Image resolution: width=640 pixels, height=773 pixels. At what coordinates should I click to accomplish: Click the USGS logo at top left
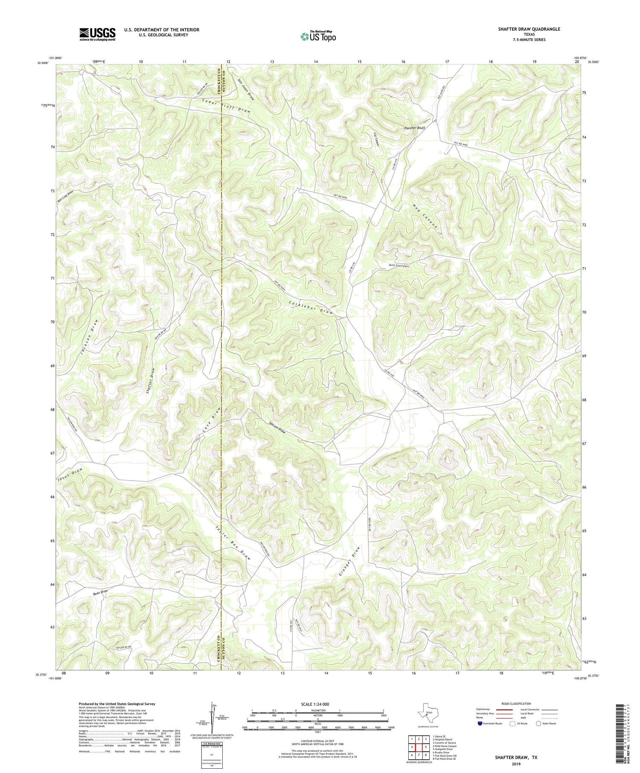(97, 34)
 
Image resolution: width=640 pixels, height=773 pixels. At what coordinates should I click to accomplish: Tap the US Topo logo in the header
(318, 37)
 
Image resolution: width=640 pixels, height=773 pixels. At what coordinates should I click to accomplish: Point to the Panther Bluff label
(414, 128)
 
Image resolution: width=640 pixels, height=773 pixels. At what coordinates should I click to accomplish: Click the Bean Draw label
(101, 592)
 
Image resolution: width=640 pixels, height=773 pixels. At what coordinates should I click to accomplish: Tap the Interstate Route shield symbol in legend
(480, 724)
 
